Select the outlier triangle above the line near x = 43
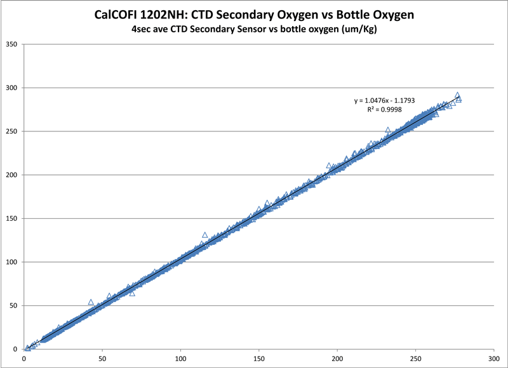pyautogui.click(x=91, y=302)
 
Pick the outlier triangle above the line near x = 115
pyautogui.click(x=204, y=235)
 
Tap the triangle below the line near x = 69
pyautogui.click(x=132, y=293)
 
